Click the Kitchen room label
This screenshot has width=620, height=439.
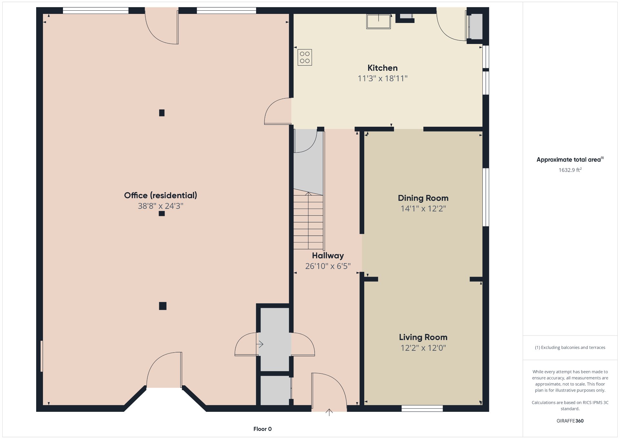click(382, 68)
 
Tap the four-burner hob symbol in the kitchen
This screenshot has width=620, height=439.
click(305, 58)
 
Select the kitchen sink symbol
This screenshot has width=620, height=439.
click(378, 21)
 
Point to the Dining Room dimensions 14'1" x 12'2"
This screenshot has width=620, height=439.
click(423, 209)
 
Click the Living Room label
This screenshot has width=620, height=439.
click(423, 337)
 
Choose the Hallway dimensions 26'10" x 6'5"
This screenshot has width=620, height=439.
click(328, 266)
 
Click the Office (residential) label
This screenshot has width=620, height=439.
click(160, 195)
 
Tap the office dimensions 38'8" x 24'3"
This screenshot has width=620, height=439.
click(160, 206)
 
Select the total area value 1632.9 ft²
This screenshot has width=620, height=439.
click(570, 170)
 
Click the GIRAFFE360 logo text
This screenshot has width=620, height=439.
click(570, 421)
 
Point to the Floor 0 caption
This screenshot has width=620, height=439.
click(263, 429)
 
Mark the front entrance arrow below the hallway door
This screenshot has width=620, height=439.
click(329, 412)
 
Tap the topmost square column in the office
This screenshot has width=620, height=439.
click(162, 113)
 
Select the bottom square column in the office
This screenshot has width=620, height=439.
click(163, 306)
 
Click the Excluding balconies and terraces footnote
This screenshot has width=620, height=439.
click(570, 348)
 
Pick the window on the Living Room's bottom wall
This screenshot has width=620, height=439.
click(422, 409)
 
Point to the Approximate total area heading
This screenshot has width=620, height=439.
click(570, 159)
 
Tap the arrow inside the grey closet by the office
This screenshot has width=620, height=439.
click(260, 344)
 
